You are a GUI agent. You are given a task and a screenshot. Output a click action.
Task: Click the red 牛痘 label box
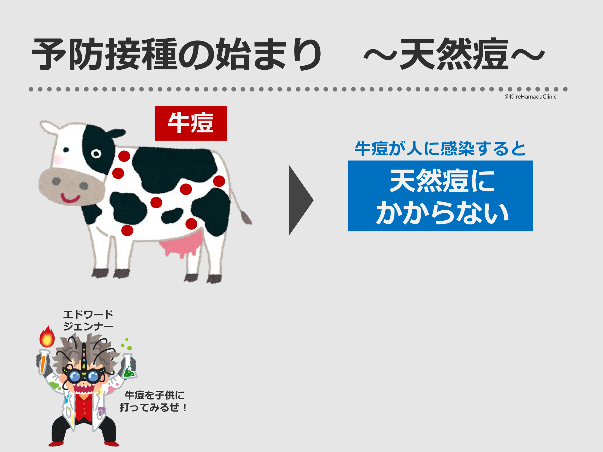pos(191,123)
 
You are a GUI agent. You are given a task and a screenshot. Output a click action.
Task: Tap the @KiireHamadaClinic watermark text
pos(530,97)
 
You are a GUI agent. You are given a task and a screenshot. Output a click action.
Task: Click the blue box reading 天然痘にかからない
pos(440,196)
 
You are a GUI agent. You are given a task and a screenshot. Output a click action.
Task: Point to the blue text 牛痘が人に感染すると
pos(440,148)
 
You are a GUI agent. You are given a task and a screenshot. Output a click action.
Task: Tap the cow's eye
pos(96,154)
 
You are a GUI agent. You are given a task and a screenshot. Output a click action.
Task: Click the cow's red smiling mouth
pos(70,198)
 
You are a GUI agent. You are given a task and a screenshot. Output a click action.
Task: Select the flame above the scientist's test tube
pos(47,336)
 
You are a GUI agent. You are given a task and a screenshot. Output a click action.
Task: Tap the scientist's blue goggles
pos(84,375)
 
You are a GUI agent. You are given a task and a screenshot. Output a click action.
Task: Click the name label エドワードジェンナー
pos(88,320)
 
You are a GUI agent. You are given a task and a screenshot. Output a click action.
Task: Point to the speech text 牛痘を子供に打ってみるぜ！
pos(154,401)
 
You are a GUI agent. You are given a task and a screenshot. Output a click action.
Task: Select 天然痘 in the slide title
pos(454,54)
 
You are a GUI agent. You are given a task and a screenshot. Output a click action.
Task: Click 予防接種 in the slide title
pos(104,54)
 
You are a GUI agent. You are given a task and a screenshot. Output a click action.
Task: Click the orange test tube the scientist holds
pos(43,362)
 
